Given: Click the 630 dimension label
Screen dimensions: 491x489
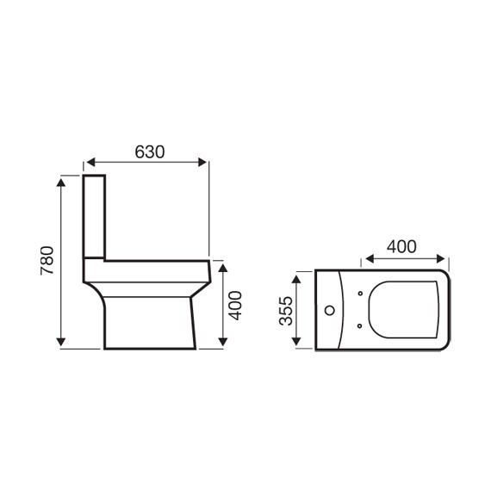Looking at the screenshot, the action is coord(150,152).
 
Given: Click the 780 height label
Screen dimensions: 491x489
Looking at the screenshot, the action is coord(47,261).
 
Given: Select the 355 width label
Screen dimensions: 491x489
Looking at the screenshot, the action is coord(286,311).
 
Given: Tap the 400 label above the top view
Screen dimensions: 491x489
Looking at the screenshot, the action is coord(401,246).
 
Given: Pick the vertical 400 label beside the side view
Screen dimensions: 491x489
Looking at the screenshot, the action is coord(235,306).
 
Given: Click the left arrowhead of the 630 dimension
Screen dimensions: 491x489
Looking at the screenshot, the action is coord(90,162).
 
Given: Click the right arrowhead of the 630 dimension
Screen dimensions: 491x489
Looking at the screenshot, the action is coord(202,162).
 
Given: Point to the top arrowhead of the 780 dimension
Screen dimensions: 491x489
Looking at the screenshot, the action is coord(61,183).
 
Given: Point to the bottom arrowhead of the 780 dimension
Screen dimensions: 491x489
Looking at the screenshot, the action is coord(61,342).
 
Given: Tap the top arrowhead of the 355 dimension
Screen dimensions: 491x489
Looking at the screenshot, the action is coord(296,279).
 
